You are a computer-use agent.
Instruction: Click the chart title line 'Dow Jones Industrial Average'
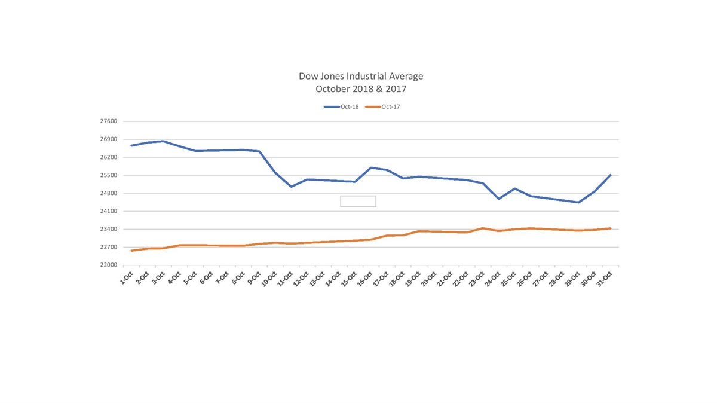pos(360,77)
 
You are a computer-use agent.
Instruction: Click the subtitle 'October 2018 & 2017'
pos(360,89)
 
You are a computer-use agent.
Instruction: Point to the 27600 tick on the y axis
pos(108,121)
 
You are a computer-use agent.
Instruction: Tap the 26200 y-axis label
pos(108,157)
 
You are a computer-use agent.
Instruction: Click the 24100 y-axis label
pos(108,212)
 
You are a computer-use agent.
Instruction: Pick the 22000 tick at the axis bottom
pos(108,265)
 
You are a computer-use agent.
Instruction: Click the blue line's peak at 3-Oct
pos(163,141)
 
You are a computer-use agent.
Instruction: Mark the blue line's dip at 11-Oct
pos(291,187)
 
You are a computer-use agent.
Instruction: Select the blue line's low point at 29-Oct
pos(578,202)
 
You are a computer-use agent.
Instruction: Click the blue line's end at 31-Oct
pos(610,175)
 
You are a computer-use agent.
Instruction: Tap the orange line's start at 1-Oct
pos(131,251)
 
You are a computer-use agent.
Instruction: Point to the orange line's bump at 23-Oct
pos(482,228)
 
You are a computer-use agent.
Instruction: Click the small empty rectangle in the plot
pos(358,201)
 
